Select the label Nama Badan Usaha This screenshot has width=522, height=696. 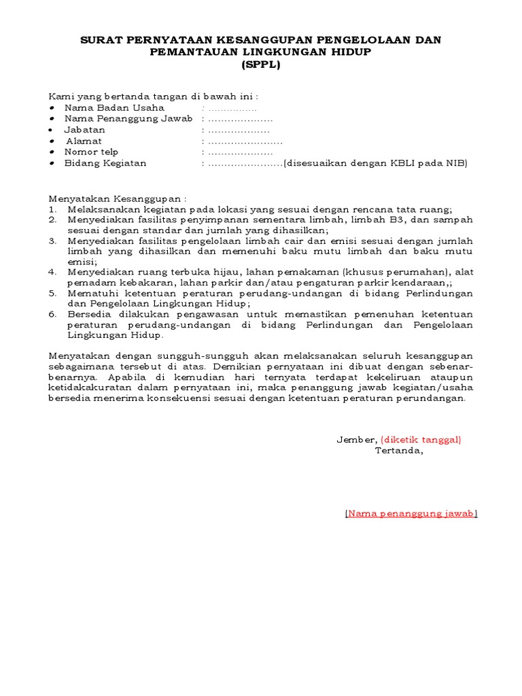tap(114, 107)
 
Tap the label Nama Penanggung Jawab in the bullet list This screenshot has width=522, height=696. tap(128, 118)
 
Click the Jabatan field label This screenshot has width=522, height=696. tap(85, 130)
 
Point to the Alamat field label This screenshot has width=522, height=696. tap(84, 141)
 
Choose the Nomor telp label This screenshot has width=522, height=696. tap(91, 152)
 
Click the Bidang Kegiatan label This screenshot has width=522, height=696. tap(105, 163)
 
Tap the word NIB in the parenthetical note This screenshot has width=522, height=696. tap(456, 163)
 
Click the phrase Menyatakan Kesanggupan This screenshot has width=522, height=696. tap(116, 198)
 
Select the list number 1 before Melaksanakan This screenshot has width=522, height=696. tap(53, 210)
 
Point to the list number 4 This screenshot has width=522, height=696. tap(53, 272)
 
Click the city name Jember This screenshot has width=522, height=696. tap(356, 440)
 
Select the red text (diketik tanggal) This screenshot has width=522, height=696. tap(421, 440)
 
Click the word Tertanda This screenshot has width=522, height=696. tap(399, 451)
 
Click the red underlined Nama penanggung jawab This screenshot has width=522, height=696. tap(411, 514)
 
